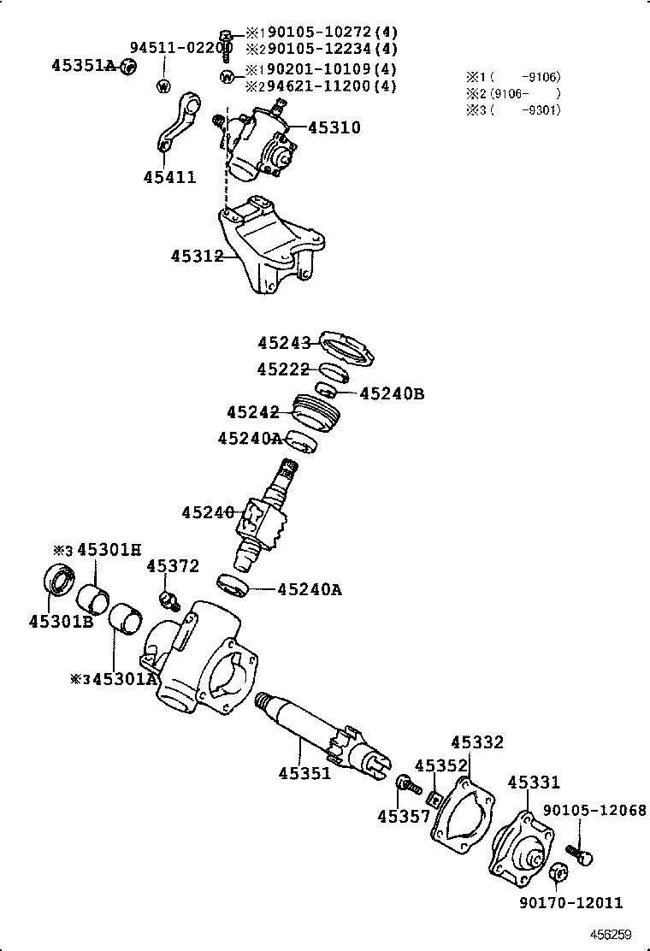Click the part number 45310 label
(x=334, y=127)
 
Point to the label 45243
(x=284, y=343)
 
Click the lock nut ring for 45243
(x=347, y=347)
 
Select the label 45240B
(x=392, y=393)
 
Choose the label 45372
(x=172, y=566)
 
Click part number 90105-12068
(x=594, y=810)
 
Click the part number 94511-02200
(x=180, y=47)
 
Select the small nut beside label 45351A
(x=127, y=67)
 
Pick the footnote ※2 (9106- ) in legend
(x=512, y=93)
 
